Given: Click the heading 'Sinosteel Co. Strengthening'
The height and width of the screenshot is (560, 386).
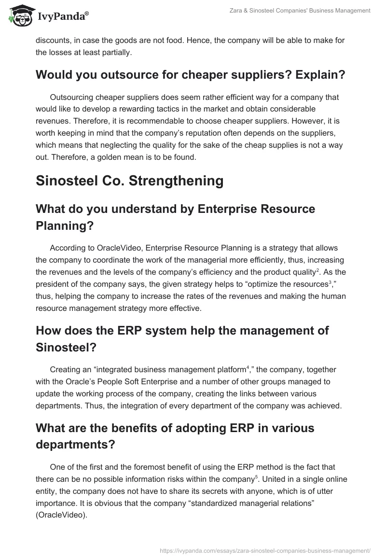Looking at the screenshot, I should click(130, 181).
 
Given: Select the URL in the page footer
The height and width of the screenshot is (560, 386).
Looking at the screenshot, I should click(264, 550).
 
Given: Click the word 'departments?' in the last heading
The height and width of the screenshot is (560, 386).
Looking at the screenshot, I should click(75, 444).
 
